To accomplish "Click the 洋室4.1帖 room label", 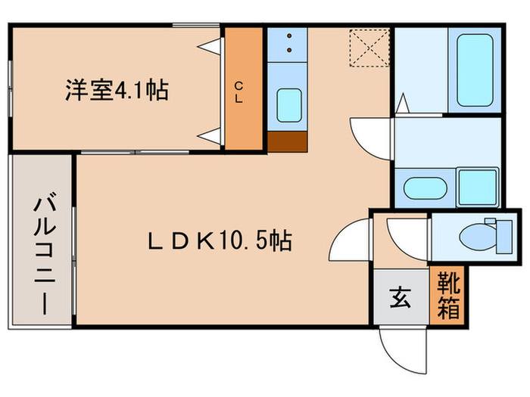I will (115, 91).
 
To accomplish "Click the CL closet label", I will (238, 91).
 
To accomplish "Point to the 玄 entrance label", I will (401, 297).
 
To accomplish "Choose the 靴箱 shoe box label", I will (447, 295).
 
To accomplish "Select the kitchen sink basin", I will (287, 106).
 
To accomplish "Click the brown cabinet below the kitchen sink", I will (287, 142).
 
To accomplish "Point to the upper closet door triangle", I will (214, 45).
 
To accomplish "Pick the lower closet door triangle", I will (214, 136).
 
